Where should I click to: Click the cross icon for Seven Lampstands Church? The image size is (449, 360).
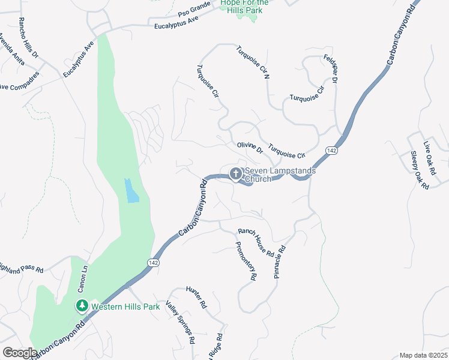coord(236,175)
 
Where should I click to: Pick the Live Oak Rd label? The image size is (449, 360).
coord(428,154)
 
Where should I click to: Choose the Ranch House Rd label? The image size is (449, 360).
coord(256,242)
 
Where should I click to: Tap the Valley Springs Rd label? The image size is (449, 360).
coord(180,322)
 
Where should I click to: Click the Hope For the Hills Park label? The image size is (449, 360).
coord(244,7)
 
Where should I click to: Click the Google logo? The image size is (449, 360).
coord(19,353)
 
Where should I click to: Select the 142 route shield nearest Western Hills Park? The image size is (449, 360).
coord(152,263)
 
